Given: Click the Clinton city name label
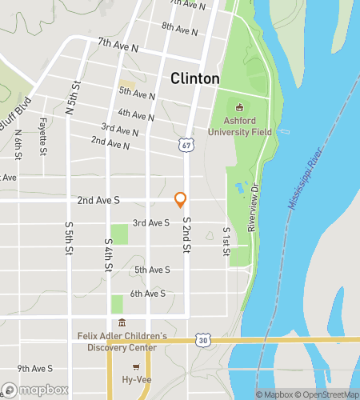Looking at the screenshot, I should coord(195,78).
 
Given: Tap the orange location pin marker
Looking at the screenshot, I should coord(181,198).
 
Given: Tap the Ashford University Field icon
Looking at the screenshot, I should coord(238,107).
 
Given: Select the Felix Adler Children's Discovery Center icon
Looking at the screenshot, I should coord(122,323).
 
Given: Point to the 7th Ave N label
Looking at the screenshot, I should coord(118,44).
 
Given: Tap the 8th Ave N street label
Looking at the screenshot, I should coord(179,29).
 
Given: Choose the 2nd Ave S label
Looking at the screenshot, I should coord(98,202).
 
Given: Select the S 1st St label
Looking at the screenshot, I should coord(226,242).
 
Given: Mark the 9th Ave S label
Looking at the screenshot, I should coord(34,369).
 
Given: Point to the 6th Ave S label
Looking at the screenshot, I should coord(148,294).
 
